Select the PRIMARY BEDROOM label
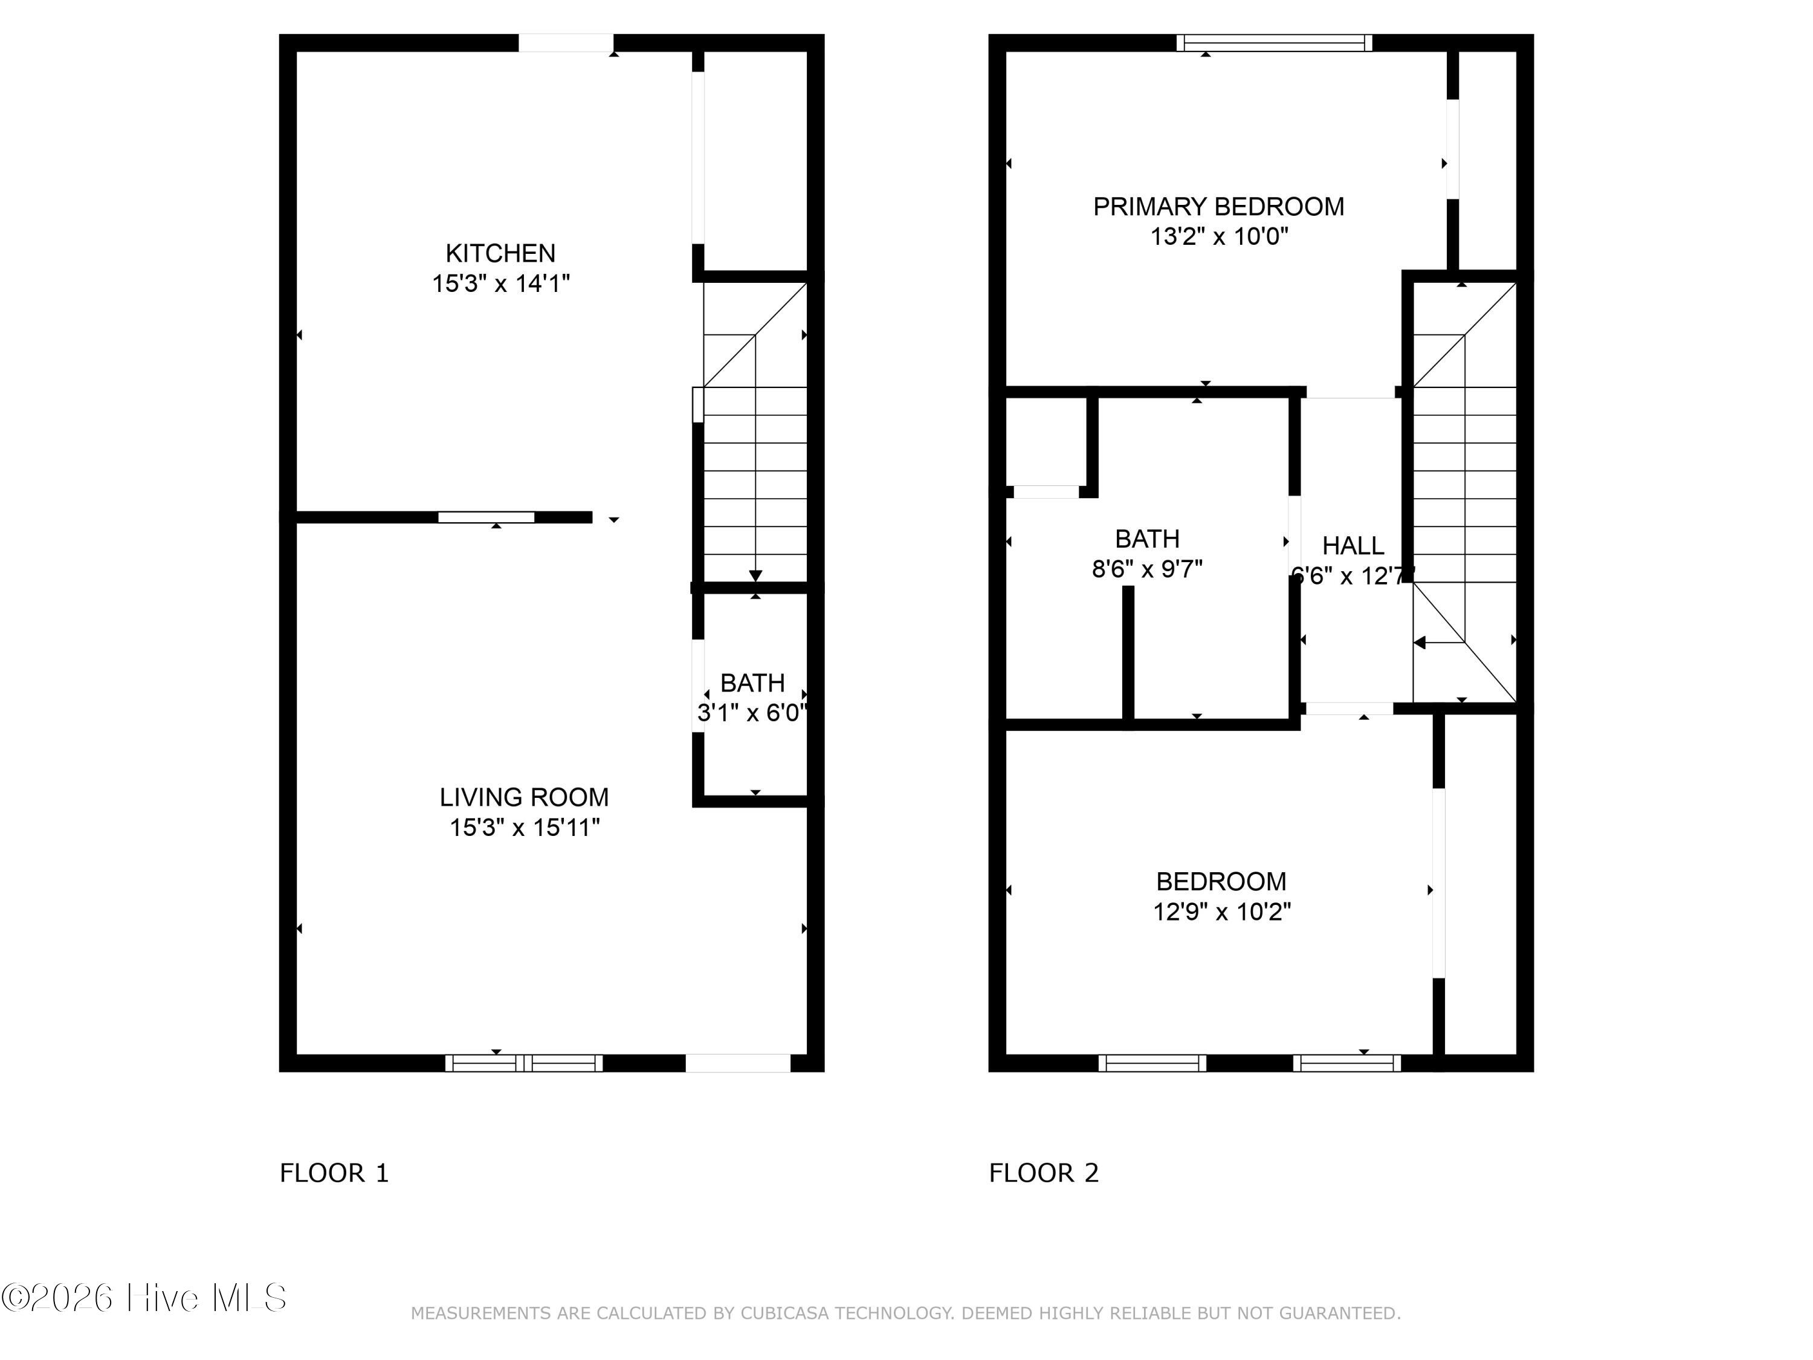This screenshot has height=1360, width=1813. [1219, 207]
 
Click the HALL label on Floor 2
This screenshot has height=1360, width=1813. [1352, 545]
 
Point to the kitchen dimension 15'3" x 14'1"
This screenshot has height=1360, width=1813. [501, 283]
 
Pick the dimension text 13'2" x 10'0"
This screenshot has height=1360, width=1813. [1220, 237]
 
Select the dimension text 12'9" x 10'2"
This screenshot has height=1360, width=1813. [1222, 912]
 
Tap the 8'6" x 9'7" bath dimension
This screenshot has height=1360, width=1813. [1148, 569]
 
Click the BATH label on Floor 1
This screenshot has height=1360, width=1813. [752, 683]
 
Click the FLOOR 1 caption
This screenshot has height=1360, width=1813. [334, 1173]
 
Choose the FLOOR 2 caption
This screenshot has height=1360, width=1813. [1043, 1173]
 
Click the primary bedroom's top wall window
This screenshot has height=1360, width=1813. [1275, 43]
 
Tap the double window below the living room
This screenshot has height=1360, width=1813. [524, 1063]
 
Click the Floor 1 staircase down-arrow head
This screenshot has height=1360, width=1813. [755, 575]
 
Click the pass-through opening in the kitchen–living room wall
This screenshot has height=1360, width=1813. [486, 517]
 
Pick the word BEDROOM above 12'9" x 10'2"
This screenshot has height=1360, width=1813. [1221, 881]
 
